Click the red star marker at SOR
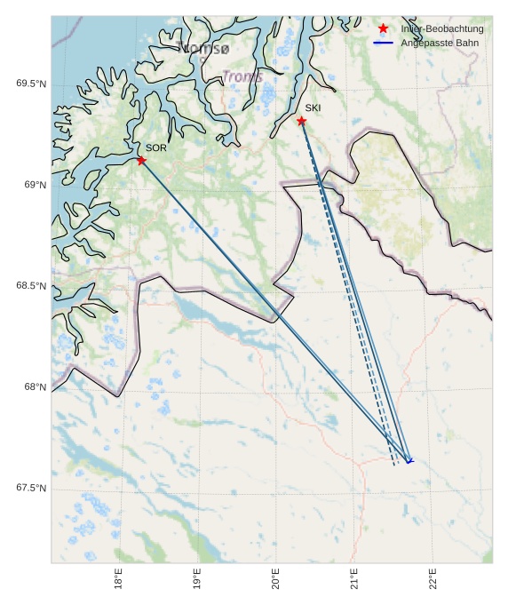pos(141,160)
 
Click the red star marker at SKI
pos(302,121)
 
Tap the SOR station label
pos(156,147)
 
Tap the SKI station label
pos(313,108)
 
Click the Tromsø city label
pos(203,48)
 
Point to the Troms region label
pos(242,77)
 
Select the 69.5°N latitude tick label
pos(31,84)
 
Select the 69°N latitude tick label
pos(35,185)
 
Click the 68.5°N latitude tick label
pos(31,286)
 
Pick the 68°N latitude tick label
pos(35,387)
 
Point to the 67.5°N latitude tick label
pos(31,489)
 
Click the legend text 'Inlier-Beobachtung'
pos(442,29)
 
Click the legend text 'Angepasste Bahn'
pos(436,43)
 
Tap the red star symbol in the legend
pos(384,29)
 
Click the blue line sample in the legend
pos(384,43)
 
